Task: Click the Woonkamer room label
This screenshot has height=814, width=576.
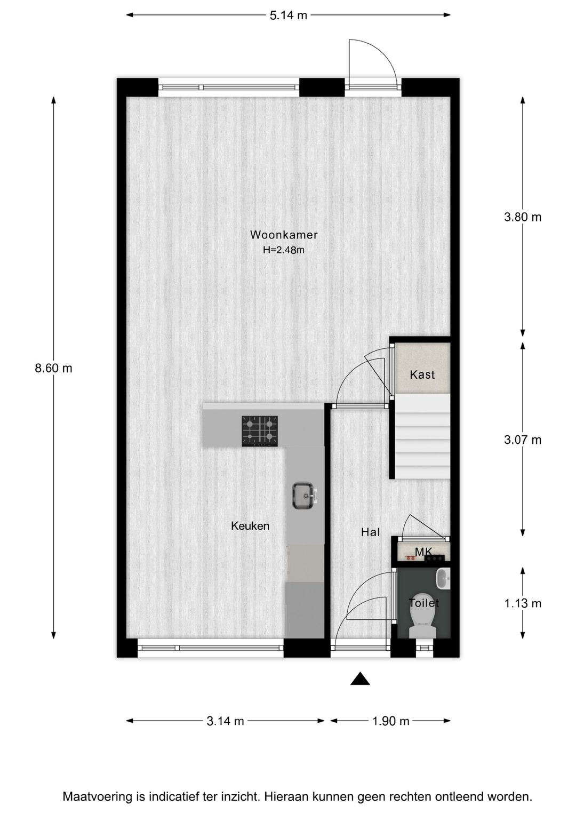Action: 284,235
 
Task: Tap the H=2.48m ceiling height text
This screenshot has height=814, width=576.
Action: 284,250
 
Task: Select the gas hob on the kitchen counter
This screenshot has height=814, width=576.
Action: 260,431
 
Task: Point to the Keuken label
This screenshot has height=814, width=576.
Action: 250,526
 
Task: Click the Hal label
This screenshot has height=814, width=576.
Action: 370,532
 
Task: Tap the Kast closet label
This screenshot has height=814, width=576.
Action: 422,374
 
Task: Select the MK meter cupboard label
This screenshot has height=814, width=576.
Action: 423,552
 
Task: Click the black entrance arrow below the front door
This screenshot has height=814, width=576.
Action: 361,679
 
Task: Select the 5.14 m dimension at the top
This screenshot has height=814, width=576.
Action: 288,15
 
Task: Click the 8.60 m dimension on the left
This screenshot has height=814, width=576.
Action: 53,368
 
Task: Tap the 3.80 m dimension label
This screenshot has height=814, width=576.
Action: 523,217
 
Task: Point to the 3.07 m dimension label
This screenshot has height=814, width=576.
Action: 523,440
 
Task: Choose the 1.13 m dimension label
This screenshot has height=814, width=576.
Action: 523,603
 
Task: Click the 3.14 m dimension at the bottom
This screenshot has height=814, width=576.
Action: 225,721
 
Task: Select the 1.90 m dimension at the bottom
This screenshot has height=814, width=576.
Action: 390,721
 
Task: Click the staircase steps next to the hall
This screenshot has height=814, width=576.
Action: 423,436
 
